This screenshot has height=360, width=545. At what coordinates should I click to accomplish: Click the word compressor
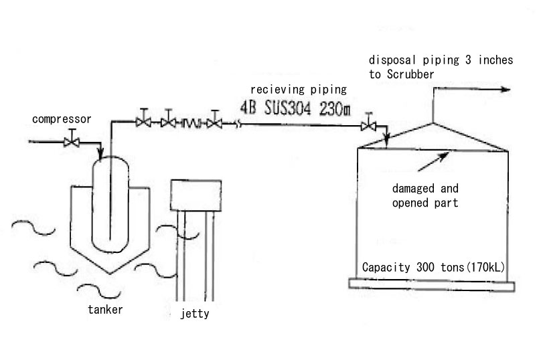tap(62, 120)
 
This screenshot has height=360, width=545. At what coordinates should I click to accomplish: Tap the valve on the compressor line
tap(72, 142)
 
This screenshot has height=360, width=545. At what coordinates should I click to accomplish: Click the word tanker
tap(105, 310)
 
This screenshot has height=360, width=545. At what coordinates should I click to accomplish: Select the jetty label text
tap(195, 314)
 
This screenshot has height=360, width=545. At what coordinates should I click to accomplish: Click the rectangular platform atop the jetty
tap(196, 195)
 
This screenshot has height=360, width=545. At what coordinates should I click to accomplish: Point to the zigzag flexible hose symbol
tap(191, 123)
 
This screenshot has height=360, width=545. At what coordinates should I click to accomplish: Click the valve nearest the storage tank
tap(368, 125)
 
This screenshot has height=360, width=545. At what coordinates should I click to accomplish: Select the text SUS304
tap(288, 108)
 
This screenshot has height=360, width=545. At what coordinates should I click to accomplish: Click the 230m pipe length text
tap(335, 109)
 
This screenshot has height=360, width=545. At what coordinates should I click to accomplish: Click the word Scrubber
tap(410, 74)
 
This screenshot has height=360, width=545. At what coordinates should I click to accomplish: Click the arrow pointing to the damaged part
tap(433, 161)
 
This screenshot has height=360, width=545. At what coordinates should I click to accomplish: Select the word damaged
tap(413, 189)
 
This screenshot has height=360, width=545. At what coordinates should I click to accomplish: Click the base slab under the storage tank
tap(432, 284)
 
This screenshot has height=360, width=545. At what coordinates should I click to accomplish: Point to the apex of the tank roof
tap(433, 122)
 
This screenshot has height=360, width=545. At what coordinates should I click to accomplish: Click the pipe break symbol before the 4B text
tap(238, 124)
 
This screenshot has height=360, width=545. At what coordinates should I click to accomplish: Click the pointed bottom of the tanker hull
tap(110, 274)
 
